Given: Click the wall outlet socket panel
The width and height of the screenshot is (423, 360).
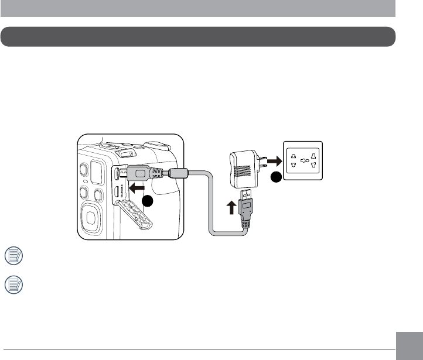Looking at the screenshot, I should point(303,162).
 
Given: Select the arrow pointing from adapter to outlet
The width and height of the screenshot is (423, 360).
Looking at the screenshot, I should point(273,162).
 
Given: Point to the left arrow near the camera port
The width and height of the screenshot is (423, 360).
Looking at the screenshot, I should point(137,188).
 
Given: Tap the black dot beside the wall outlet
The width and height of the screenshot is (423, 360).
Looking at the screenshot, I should point(274,177).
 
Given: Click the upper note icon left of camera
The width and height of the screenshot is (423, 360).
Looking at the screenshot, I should point(12,255).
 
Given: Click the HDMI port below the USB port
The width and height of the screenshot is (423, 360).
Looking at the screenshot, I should point(117,191).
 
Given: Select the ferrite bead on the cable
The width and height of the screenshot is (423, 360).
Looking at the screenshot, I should point(178,173).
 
